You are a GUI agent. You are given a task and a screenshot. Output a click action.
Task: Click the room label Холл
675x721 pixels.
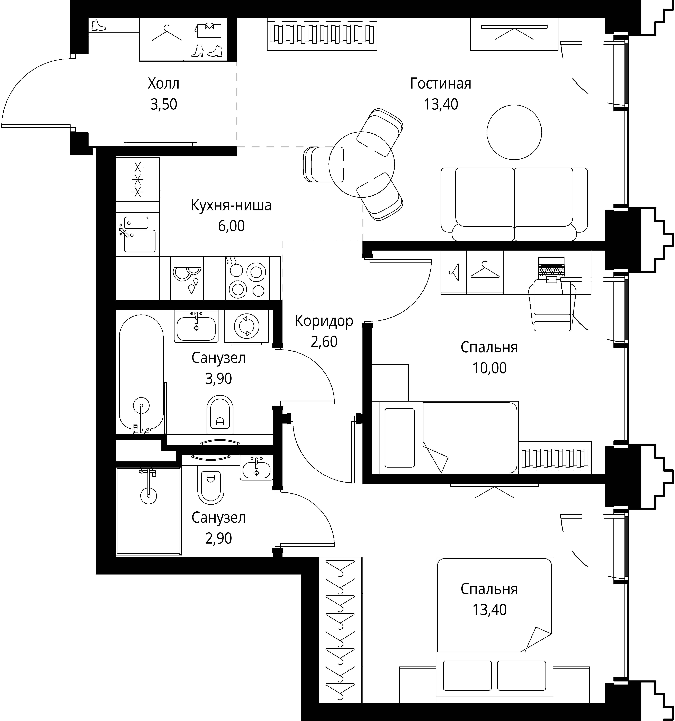[x=163, y=84]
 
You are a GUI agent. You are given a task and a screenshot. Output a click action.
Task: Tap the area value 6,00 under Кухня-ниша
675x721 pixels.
[x=231, y=226]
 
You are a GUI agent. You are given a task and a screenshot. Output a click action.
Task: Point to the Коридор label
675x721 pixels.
[x=324, y=321]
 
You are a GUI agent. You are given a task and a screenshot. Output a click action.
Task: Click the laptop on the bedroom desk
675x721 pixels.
[x=551, y=268]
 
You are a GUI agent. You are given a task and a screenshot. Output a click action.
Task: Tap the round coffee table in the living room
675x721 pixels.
[x=514, y=132]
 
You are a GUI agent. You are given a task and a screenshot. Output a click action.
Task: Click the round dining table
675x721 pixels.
[x=361, y=164]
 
